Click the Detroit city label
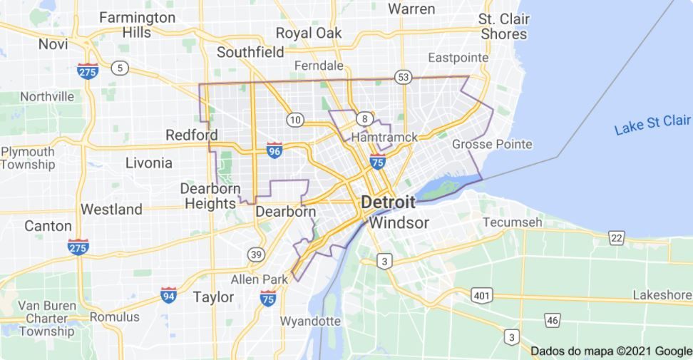tap(388, 202)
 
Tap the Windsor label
tap(399, 223)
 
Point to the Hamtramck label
tap(384, 137)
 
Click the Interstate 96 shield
tap(274, 150)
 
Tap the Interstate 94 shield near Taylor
tap(168, 295)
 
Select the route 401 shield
tap(481, 294)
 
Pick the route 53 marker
tap(404, 77)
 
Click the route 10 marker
tap(294, 118)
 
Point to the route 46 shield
tap(552, 320)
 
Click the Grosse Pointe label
tap(492, 145)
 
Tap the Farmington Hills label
tap(137, 24)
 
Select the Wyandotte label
tap(309, 321)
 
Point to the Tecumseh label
tap(512, 222)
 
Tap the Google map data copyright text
tap(611, 351)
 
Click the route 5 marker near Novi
tap(120, 68)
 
